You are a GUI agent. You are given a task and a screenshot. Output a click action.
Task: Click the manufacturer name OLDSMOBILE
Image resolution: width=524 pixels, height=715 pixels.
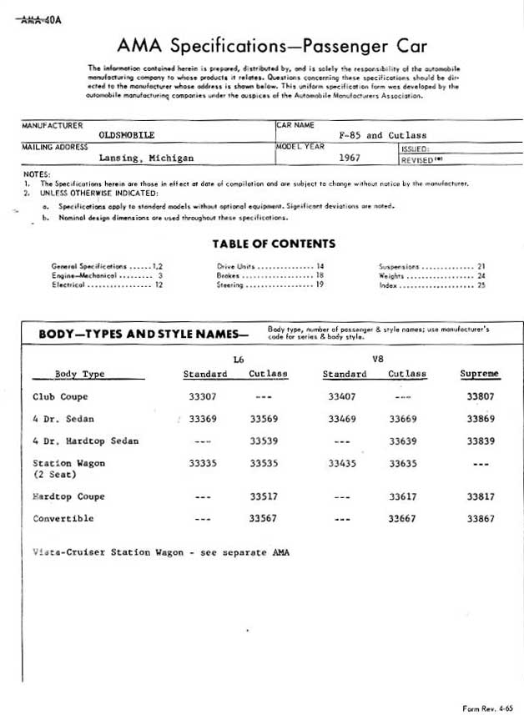(x=126, y=134)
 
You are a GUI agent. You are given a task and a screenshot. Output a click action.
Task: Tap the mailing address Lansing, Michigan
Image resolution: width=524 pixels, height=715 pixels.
(x=146, y=157)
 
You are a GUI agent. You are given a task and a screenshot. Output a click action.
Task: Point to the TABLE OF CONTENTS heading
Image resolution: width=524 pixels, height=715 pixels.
(x=274, y=244)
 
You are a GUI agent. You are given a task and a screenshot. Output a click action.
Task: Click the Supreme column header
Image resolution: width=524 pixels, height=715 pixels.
(x=479, y=374)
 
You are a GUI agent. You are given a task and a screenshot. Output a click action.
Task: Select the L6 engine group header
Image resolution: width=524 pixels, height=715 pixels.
(x=239, y=359)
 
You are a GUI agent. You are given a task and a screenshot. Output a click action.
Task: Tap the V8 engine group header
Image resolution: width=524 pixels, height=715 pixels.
(x=376, y=359)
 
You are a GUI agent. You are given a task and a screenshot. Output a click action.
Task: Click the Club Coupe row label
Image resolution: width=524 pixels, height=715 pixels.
(x=60, y=397)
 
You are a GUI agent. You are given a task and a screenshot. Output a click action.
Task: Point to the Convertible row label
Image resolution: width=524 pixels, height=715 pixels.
(x=63, y=518)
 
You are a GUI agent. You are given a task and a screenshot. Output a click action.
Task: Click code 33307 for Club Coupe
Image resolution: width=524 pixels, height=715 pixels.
(x=203, y=397)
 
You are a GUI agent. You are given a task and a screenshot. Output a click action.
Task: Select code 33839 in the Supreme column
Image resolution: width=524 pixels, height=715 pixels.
(x=481, y=441)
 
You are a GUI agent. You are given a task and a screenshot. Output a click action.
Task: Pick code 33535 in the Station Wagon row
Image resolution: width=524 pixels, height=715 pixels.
(x=264, y=462)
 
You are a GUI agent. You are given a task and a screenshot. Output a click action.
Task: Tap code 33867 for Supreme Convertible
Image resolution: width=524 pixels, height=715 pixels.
(x=481, y=518)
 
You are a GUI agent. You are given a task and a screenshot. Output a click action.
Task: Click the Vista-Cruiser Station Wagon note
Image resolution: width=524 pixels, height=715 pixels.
(x=160, y=552)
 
